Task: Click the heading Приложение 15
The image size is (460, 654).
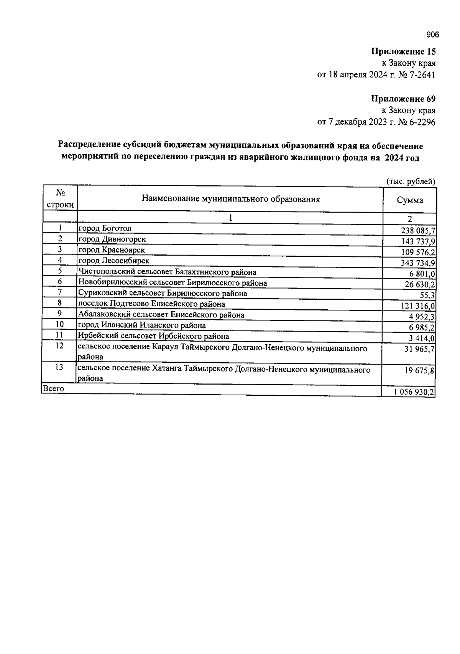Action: point(403,51)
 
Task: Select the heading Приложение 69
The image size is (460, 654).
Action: point(403,99)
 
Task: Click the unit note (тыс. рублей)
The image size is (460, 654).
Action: point(411,182)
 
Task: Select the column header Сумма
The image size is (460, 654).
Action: point(410,200)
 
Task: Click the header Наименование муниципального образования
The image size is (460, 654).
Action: point(231,199)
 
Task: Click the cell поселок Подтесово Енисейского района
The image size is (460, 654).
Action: point(151,304)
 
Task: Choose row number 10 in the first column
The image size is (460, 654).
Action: point(60,325)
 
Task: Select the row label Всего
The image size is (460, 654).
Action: point(54,388)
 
